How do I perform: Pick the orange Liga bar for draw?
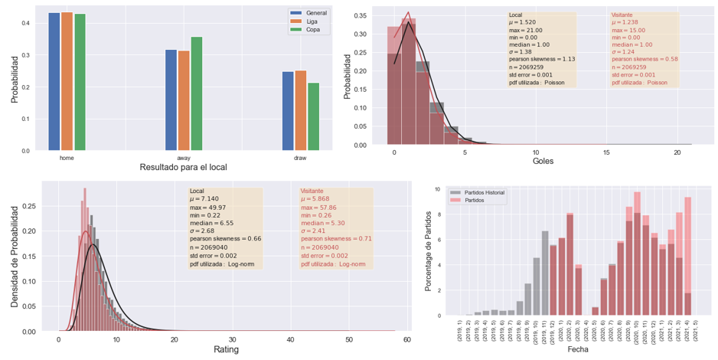point(300,110)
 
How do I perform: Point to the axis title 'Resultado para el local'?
point(184,167)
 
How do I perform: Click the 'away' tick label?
point(184,157)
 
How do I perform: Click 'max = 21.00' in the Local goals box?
point(527,30)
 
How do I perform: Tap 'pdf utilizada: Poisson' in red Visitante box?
point(640,82)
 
